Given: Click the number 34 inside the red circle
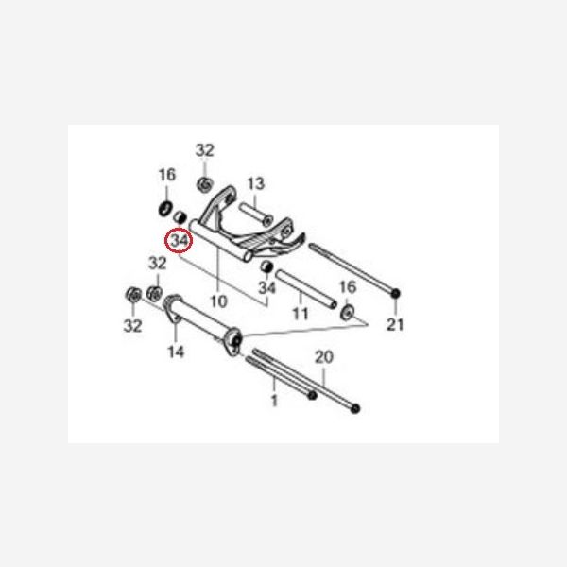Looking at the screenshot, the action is pos(180,240).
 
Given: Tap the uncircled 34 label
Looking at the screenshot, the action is pos(266,288).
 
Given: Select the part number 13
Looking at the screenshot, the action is pos(256,183).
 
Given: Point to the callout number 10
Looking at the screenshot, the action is pos(218,301).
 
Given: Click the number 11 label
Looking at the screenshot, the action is pos(301,314).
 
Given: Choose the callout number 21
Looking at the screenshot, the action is pos(394,324).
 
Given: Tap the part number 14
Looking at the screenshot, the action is pos(176,352).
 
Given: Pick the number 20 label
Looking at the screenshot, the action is pos(323,357).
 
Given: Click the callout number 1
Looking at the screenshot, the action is pos(274,401).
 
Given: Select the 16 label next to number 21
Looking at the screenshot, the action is pos(348,287).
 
